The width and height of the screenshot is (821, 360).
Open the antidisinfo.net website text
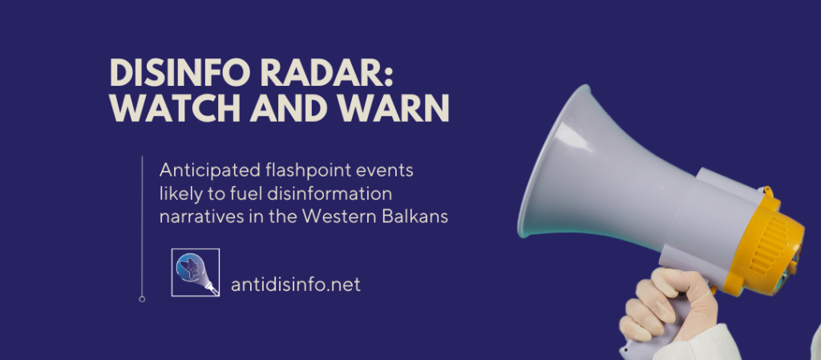pyautogui.click(x=295, y=284)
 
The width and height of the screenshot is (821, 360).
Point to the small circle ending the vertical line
pyautogui.click(x=142, y=299)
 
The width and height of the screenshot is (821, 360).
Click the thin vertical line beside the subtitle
pyautogui.click(x=142, y=224)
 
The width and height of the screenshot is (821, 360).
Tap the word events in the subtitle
pyautogui.click(x=381, y=170)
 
